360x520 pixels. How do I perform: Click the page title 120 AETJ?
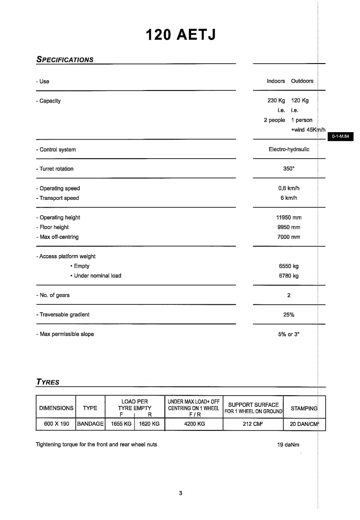pyautogui.click(x=180, y=35)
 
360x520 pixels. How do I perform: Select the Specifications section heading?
pyautogui.click(x=64, y=60)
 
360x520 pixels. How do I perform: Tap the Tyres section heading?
pyautogui.click(x=48, y=382)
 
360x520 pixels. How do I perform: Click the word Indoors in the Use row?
pyautogui.click(x=276, y=81)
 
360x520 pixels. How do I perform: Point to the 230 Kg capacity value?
pyautogui.click(x=276, y=101)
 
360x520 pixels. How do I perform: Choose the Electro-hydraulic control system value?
pyautogui.click(x=289, y=149)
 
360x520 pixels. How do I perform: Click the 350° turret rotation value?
pyautogui.click(x=289, y=169)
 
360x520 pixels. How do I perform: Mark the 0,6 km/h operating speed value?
pyautogui.click(x=289, y=188)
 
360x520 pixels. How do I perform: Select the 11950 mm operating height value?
pyautogui.click(x=289, y=218)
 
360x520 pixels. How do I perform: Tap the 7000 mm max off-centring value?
pyautogui.click(x=289, y=237)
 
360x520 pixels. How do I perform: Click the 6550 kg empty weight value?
pyautogui.click(x=289, y=266)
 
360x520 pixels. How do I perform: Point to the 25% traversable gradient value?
pyautogui.click(x=289, y=315)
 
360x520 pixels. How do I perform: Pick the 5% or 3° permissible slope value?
pyautogui.click(x=289, y=334)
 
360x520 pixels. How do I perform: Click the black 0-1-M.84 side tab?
pyautogui.click(x=340, y=137)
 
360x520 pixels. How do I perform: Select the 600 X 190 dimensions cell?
pyautogui.click(x=56, y=424)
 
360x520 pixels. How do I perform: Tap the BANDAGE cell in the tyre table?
pyautogui.click(x=90, y=424)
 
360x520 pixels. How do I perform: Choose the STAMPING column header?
pyautogui.click(x=304, y=408)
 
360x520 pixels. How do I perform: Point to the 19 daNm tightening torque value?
pyautogui.click(x=288, y=444)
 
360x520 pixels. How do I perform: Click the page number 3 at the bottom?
pyautogui.click(x=180, y=493)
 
